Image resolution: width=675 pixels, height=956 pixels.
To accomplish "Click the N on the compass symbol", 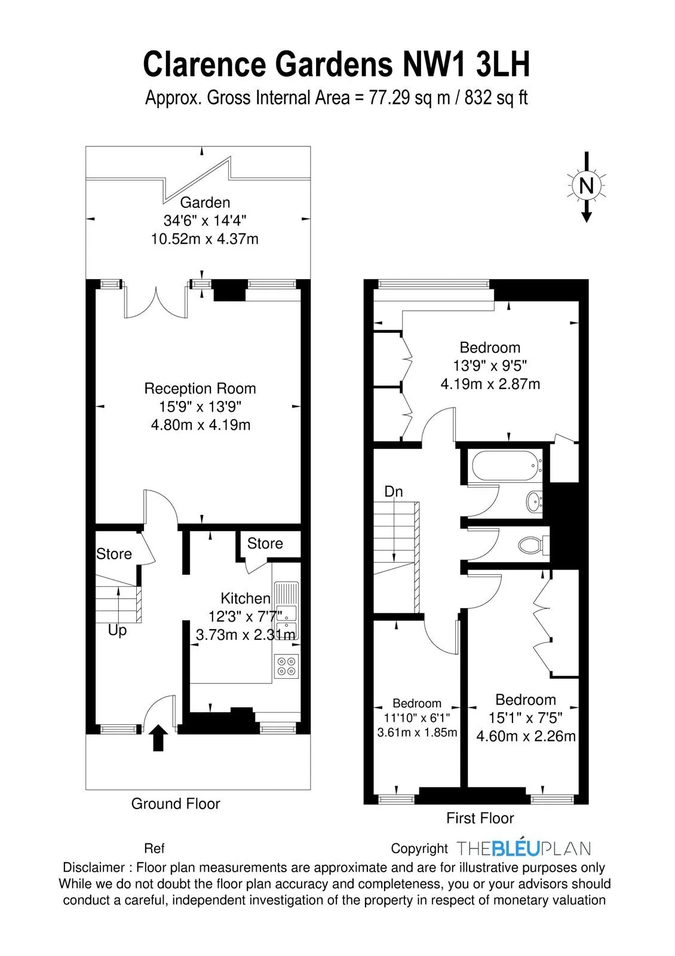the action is click(x=586, y=186).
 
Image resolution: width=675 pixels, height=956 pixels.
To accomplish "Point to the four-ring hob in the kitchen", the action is click(x=286, y=666).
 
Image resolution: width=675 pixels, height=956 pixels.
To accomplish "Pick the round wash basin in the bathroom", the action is click(x=534, y=501).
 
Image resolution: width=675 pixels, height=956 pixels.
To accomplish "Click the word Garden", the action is click(x=205, y=203).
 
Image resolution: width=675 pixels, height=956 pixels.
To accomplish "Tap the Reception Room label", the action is click(x=200, y=388).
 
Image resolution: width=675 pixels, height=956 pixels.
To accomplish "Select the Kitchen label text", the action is click(x=246, y=598).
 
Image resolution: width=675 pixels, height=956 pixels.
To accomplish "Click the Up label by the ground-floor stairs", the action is click(x=117, y=630).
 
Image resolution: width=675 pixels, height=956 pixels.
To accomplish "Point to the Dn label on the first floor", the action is click(x=394, y=492).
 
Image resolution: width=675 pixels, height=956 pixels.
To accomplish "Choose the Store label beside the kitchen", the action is click(x=265, y=543).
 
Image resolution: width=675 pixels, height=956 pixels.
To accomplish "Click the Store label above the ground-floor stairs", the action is click(x=114, y=554).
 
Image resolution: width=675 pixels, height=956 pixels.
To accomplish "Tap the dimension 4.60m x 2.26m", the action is click(x=526, y=736).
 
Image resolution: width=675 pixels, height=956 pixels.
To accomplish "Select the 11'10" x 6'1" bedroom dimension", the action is click(x=417, y=718).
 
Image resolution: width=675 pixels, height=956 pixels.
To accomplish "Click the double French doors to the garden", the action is click(x=156, y=302).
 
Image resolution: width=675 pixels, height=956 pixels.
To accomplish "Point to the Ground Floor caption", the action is click(x=176, y=804).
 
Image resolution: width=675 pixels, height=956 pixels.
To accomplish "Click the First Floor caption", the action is click(x=480, y=818).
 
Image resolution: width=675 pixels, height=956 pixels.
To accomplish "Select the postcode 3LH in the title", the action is click(x=502, y=64).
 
